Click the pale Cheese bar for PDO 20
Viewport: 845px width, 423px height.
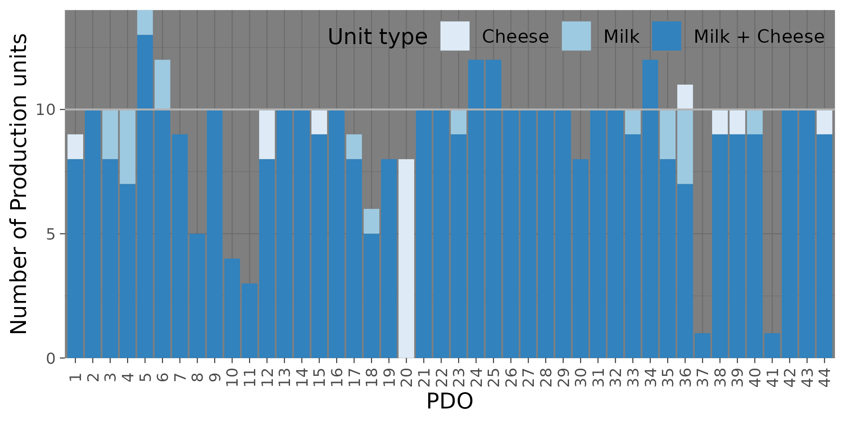[x=406, y=258]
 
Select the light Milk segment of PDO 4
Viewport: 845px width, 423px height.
[x=128, y=147]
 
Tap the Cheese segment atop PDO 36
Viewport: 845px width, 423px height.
[x=685, y=97]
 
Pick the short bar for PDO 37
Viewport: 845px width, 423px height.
[x=702, y=345]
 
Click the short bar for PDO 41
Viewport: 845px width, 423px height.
[x=772, y=345]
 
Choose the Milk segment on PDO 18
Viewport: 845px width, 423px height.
[x=371, y=221]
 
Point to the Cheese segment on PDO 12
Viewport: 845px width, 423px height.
[x=267, y=134]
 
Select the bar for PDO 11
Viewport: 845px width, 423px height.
[x=250, y=320]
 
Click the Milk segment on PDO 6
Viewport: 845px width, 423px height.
[x=162, y=85]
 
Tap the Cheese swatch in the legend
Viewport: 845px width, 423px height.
[x=455, y=36]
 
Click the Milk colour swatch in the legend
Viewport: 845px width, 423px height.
[x=576, y=36]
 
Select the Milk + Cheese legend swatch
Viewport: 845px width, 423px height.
[x=666, y=36]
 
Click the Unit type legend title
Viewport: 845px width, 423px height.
[x=377, y=37]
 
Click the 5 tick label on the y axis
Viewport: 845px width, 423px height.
[x=51, y=234]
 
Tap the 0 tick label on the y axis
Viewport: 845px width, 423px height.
[x=51, y=358]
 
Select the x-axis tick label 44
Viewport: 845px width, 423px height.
[x=825, y=377]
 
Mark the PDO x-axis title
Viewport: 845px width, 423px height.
[x=450, y=401]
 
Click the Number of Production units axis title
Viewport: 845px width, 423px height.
[x=19, y=184]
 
